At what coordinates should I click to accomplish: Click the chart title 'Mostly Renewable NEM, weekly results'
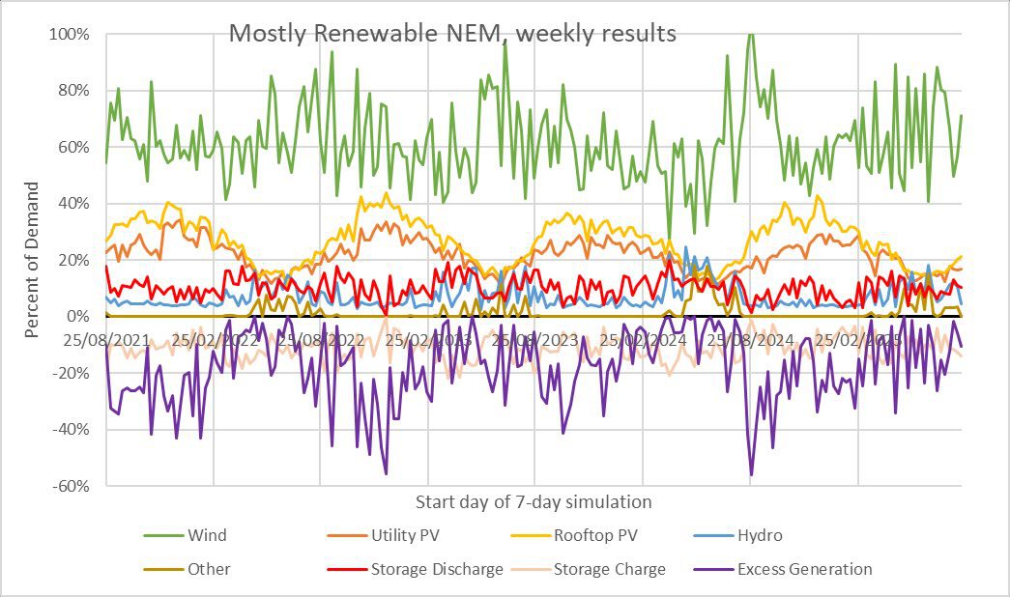click(452, 34)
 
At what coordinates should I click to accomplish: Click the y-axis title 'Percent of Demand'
click(32, 260)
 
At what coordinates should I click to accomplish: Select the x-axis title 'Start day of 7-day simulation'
click(533, 502)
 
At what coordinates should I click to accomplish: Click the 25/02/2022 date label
click(215, 341)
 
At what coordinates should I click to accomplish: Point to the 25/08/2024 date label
click(751, 341)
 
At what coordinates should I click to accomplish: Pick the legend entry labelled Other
click(209, 569)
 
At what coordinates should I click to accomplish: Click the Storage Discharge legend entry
click(437, 569)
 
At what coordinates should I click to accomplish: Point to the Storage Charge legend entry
click(609, 569)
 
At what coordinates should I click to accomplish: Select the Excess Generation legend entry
click(804, 569)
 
